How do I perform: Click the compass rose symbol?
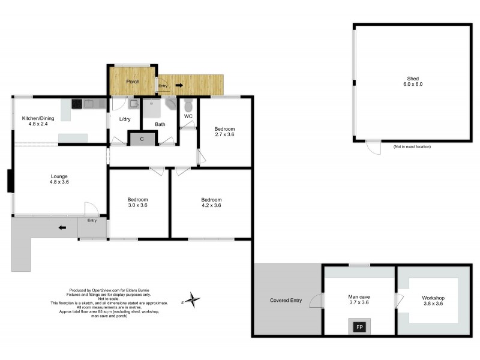point(192,299)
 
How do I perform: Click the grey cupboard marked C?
point(142,139)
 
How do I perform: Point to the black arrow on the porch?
point(179,85)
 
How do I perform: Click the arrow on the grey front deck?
point(62,227)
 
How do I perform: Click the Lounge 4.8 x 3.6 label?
point(59,179)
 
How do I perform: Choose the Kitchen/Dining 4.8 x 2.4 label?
point(38,122)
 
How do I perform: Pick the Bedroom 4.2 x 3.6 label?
point(211,203)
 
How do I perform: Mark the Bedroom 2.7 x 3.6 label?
point(224,132)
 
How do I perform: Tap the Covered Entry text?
point(286,300)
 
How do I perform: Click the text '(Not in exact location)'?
point(412,146)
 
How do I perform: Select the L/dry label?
point(125,119)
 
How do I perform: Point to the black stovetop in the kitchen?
point(77,104)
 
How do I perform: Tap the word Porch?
point(132,82)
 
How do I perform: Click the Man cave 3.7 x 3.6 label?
point(359,300)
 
